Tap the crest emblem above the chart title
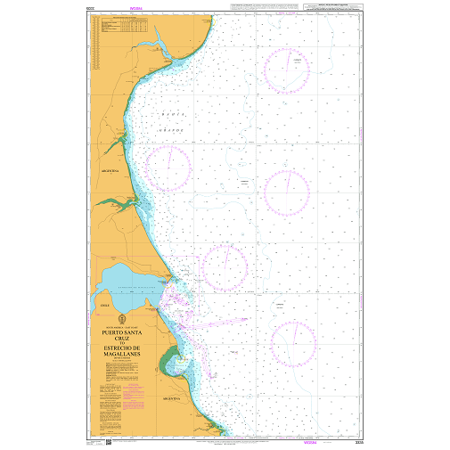click(121, 317)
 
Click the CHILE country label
click(105, 305)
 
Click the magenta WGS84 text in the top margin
click(135, 10)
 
